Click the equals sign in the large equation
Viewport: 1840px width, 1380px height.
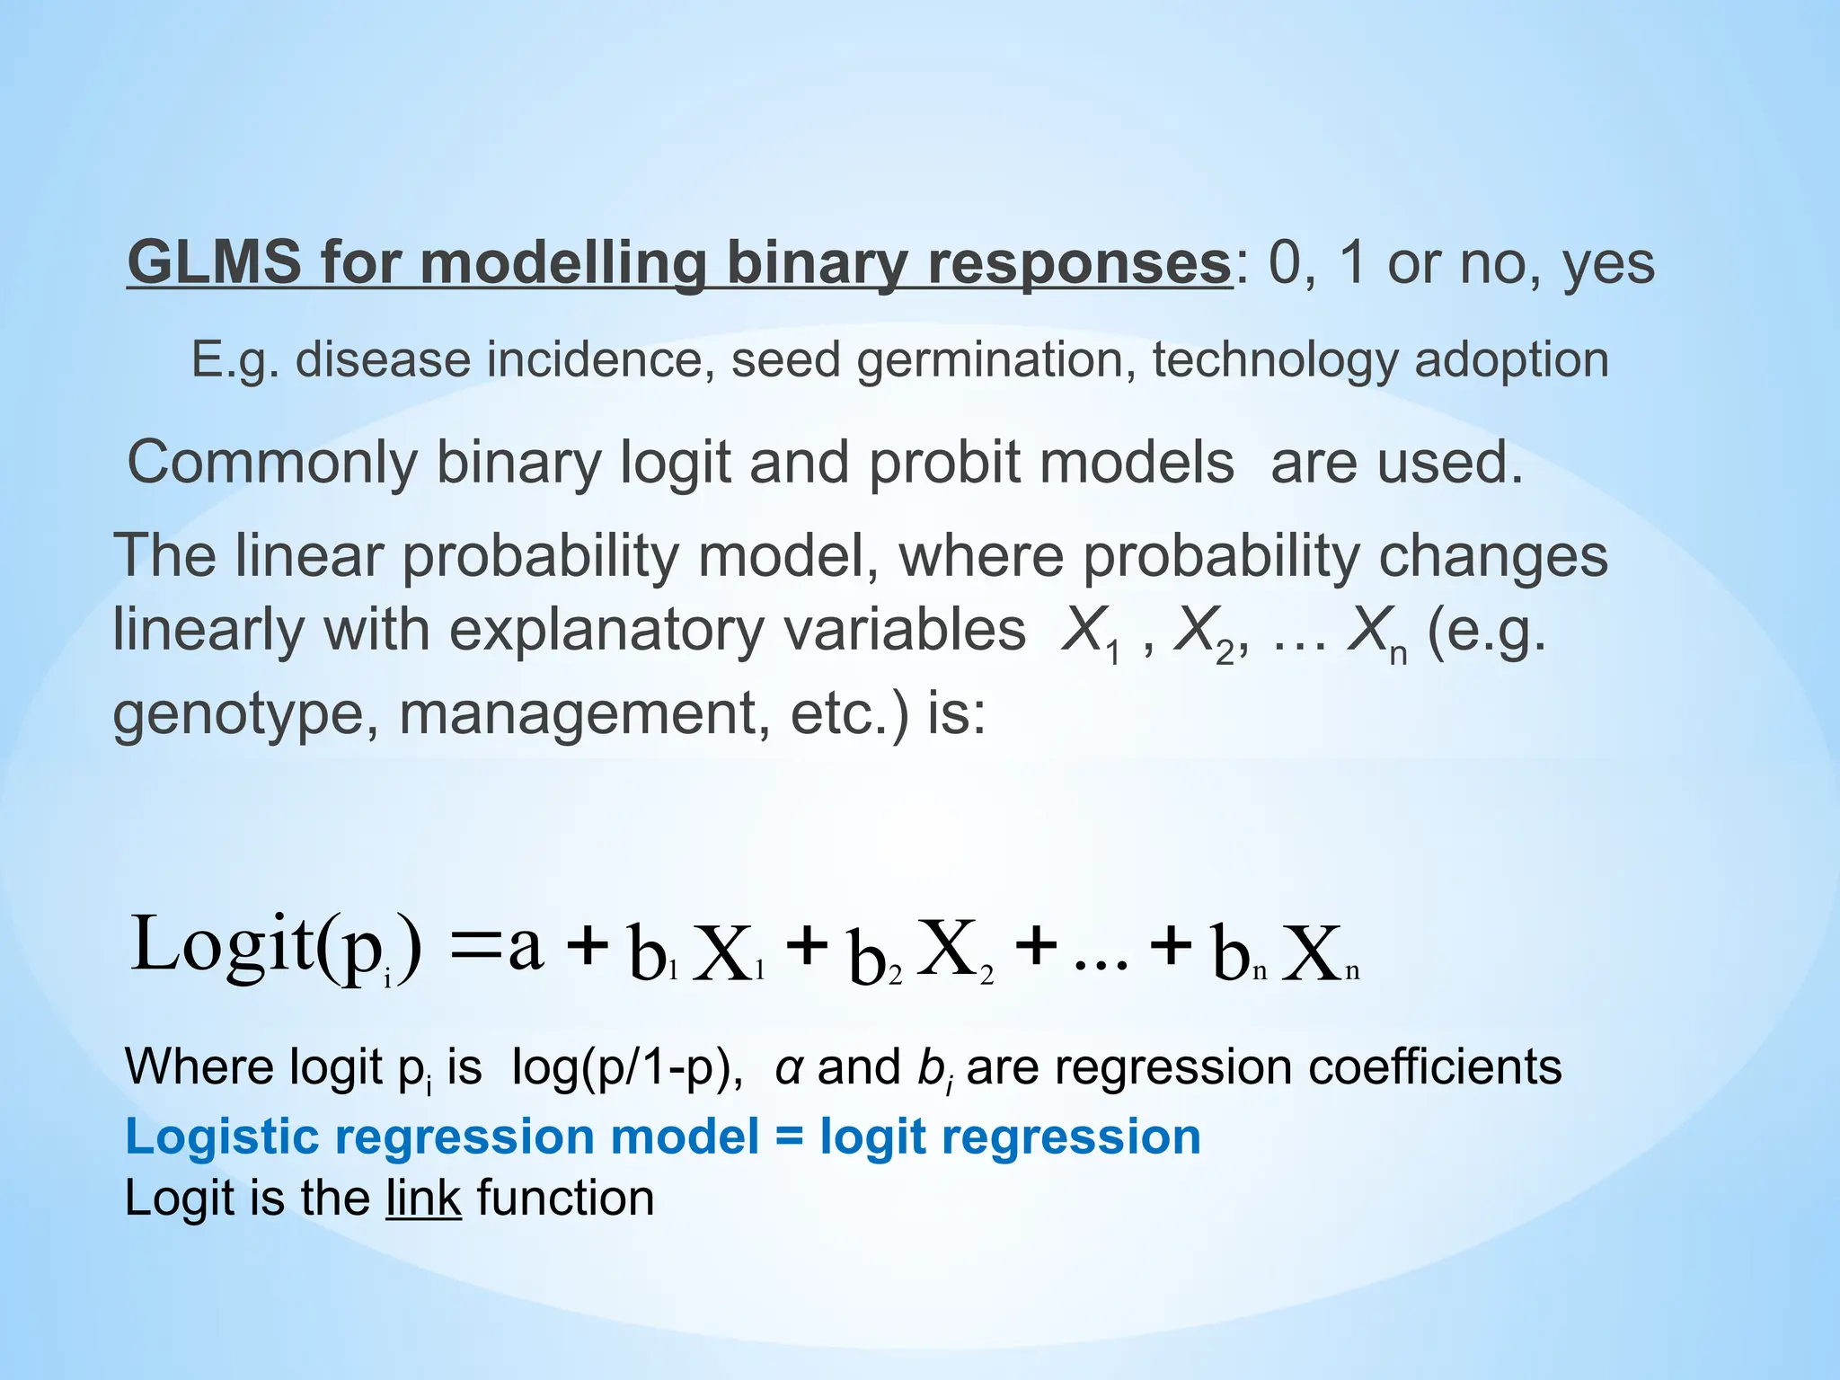[x=474, y=948]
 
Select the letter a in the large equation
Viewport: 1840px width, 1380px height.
[x=526, y=948]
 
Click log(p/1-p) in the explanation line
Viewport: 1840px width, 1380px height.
[x=626, y=1069]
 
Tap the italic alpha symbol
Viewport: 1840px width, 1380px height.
[x=789, y=1069]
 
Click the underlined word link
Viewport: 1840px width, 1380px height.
[x=423, y=1199]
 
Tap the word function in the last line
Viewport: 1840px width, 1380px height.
[x=565, y=1199]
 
